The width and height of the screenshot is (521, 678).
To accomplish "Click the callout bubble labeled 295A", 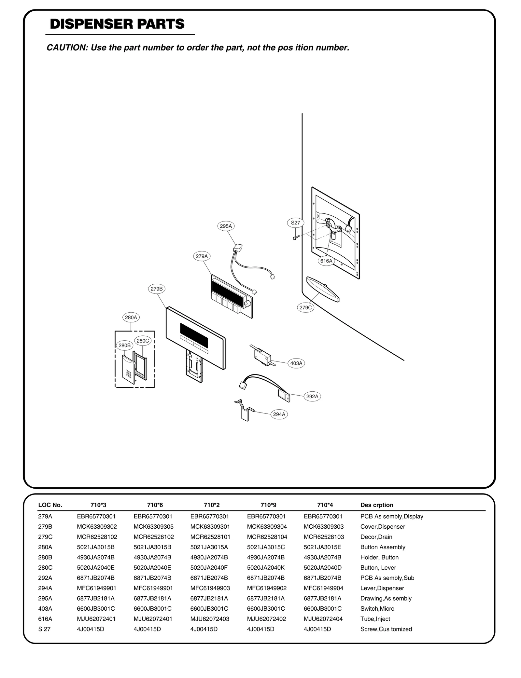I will (226, 226).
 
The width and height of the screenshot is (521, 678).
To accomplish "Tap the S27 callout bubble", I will (295, 223).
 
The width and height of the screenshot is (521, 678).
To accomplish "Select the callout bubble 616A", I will (326, 261).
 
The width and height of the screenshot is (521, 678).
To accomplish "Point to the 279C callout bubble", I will (305, 307).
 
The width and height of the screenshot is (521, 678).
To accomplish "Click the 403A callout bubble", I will (296, 363).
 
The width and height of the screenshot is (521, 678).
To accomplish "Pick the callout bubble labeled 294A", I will (279, 414).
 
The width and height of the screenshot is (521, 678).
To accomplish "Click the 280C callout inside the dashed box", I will (143, 341).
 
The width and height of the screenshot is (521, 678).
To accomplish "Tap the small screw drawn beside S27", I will (296, 237).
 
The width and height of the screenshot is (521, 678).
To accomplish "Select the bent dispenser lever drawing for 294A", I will (244, 411).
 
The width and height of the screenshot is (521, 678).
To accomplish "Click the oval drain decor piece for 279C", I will (323, 289).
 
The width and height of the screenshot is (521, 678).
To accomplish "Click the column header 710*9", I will (268, 505).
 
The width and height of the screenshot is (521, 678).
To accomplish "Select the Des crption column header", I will (377, 505).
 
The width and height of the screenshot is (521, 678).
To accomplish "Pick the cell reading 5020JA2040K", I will (266, 568).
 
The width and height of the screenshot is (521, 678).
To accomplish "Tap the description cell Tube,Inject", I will (375, 619).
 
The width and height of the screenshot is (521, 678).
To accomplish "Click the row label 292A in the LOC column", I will (45, 578).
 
